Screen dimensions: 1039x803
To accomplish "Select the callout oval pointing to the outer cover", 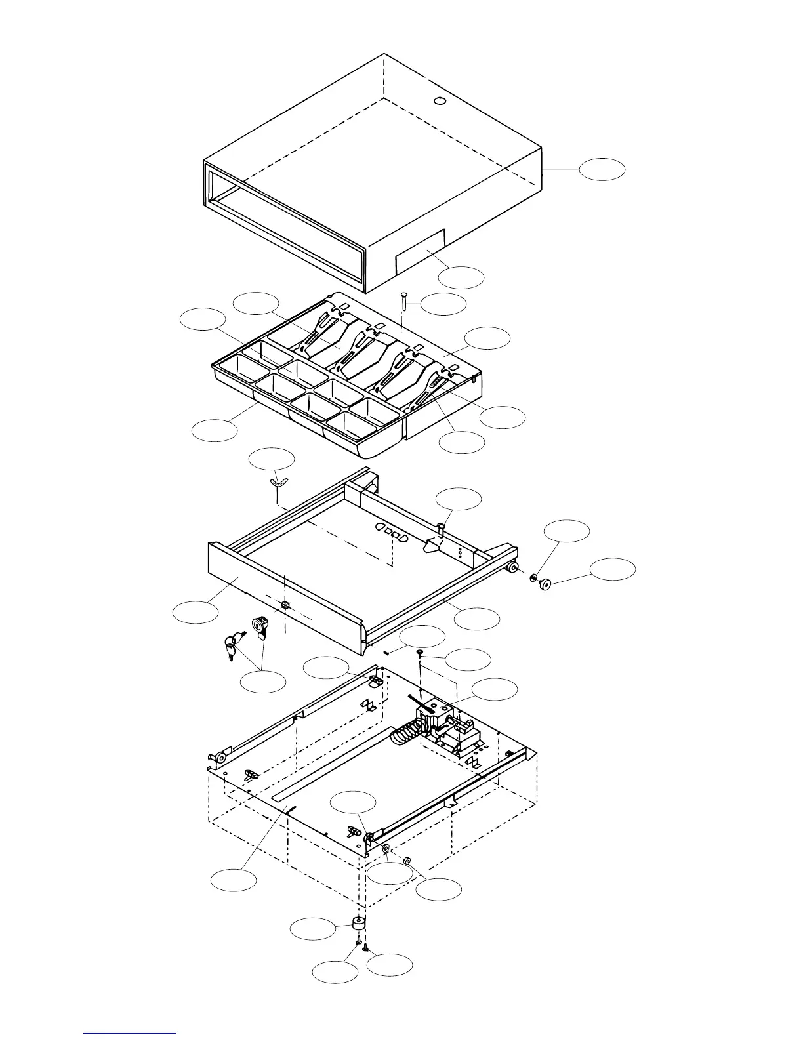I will pos(602,169).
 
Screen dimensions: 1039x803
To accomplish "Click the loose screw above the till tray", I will pos(404,303).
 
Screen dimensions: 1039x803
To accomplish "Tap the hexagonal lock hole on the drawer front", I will pos(285,603).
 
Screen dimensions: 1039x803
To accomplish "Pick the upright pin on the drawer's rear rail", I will pos(443,525).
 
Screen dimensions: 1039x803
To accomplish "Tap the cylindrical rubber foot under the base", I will pos(358,925).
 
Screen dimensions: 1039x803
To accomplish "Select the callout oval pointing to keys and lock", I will pos(262,682).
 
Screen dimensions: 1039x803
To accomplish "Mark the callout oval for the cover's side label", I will pos(461,277).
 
